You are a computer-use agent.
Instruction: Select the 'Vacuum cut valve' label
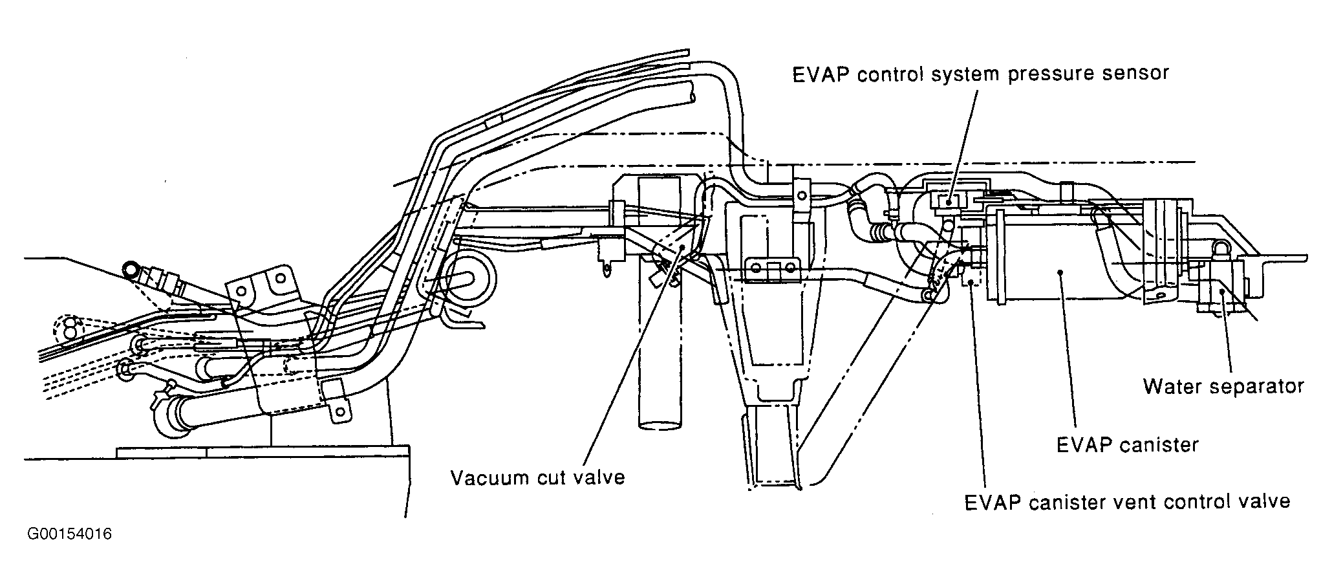(538, 477)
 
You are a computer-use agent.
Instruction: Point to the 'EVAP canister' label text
(1127, 445)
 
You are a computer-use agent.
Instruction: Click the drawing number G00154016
(70, 534)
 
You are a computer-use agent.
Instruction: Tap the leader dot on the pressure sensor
(949, 202)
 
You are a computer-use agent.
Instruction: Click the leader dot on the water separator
(1221, 292)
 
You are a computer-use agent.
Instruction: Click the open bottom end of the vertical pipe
(660, 424)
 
